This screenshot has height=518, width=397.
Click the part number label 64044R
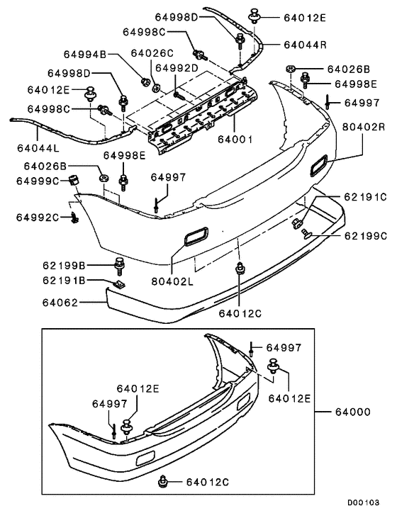pos(305,44)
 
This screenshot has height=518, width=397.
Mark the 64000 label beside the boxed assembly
pos(362,412)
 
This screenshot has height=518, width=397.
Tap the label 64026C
pos(152,52)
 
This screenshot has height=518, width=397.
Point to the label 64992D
pos(177,68)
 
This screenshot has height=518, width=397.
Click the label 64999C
pos(38,181)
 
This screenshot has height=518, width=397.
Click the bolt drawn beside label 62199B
pos(118,266)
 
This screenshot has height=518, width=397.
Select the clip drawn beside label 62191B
pos(118,283)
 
